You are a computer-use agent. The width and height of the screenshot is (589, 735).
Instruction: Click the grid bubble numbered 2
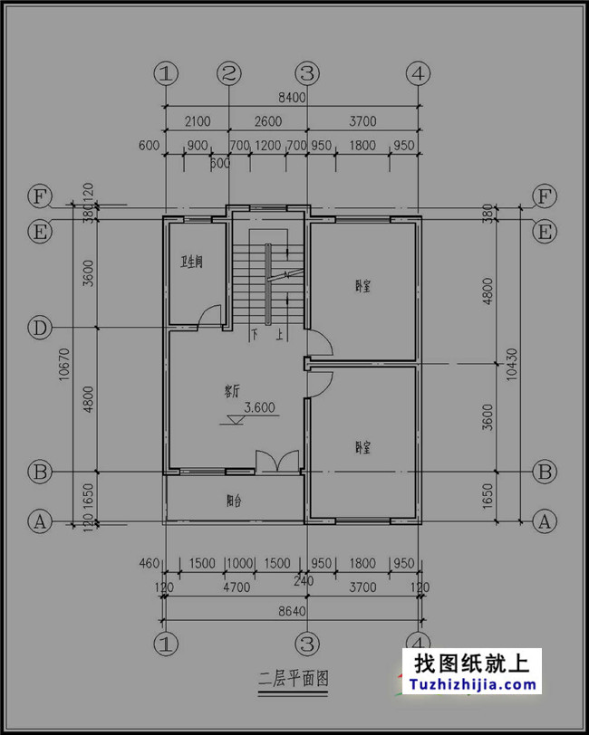pos(229,73)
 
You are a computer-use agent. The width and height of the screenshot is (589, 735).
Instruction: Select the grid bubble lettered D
pos(39,328)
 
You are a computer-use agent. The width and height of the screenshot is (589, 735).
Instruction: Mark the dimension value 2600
pos(267,121)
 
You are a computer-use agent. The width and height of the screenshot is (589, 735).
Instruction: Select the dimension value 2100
pos(197,121)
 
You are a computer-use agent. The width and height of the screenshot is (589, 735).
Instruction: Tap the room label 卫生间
pos(191,262)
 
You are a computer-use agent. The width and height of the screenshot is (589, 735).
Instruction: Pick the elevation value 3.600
pos(259,407)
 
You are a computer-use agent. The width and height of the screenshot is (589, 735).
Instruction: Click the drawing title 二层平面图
pos(293,676)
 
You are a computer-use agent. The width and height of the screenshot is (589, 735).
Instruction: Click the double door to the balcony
pos(275,462)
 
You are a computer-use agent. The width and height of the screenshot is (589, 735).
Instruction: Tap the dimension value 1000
pos(238,563)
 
